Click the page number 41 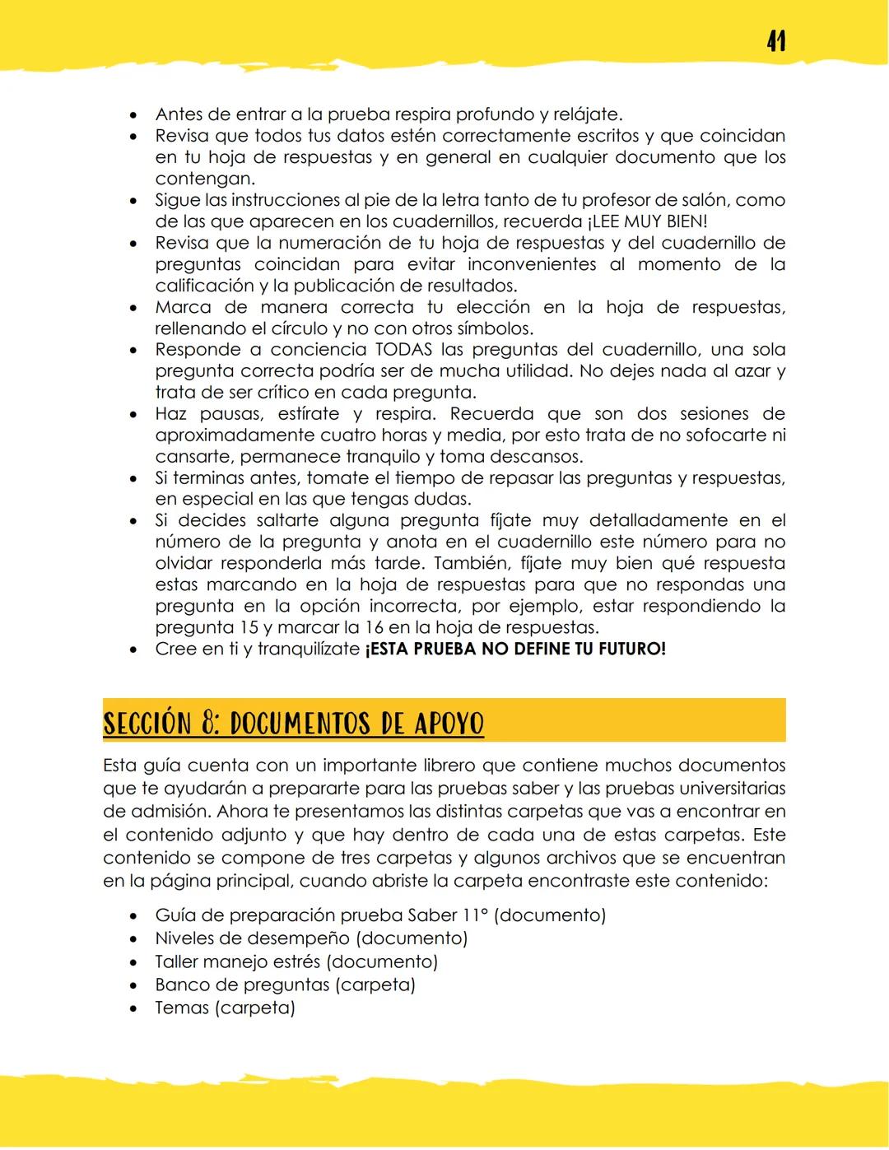(775, 40)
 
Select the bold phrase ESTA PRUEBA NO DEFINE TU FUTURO (514, 649)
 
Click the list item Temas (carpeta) (224, 1008)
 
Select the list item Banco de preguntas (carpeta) (285, 985)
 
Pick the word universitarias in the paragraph (728, 789)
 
